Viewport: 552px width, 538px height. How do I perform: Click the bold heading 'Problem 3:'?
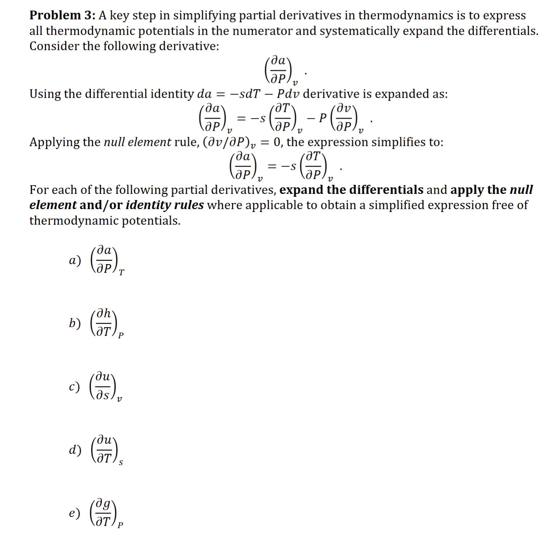pyautogui.click(x=62, y=16)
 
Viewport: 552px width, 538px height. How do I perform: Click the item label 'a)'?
pyautogui.click(x=75, y=260)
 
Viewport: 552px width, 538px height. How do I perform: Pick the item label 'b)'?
pyautogui.click(x=75, y=323)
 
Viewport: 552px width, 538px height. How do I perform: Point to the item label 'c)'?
pyautogui.click(x=74, y=387)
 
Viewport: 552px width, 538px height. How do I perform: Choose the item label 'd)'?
pyautogui.click(x=75, y=450)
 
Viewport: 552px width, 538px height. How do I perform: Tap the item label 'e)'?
pyautogui.click(x=75, y=513)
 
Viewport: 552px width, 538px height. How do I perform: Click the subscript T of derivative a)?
pyautogui.click(x=122, y=272)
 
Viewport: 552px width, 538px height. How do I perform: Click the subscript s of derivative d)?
pyautogui.click(x=121, y=463)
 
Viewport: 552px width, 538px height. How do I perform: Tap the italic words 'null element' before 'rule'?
pyautogui.click(x=137, y=142)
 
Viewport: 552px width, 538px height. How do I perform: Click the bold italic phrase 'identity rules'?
pyautogui.click(x=165, y=205)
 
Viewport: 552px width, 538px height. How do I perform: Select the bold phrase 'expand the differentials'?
pyautogui.click(x=351, y=190)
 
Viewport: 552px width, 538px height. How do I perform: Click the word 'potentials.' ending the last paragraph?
pyautogui.click(x=151, y=221)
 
